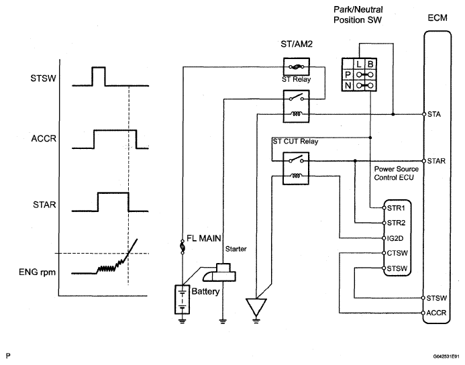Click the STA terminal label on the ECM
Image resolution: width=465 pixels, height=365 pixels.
434,115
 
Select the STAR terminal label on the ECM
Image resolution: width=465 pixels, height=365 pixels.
436,161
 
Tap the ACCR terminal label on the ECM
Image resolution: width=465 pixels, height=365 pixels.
436,313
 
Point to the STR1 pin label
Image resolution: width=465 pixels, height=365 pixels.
396,208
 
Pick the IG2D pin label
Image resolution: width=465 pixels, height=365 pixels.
395,238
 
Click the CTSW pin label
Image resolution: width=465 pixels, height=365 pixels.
397,253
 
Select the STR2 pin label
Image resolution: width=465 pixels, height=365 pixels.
396,223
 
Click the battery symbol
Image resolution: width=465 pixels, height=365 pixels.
182,299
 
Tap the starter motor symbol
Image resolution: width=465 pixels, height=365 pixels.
219,272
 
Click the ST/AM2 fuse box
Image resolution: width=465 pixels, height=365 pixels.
297,66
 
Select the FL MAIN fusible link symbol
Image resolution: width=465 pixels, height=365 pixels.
183,246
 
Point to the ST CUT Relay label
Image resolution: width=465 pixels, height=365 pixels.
295,142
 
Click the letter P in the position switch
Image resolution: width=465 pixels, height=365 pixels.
348,74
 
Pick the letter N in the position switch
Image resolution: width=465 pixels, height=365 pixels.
348,86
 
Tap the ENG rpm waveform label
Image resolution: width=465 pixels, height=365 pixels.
37,272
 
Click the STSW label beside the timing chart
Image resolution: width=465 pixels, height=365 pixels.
44,79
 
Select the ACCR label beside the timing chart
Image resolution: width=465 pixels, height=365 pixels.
44,138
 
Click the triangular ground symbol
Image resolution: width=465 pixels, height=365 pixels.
256,307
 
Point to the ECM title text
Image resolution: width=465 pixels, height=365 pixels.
437,18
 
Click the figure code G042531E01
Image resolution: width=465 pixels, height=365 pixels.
446,356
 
